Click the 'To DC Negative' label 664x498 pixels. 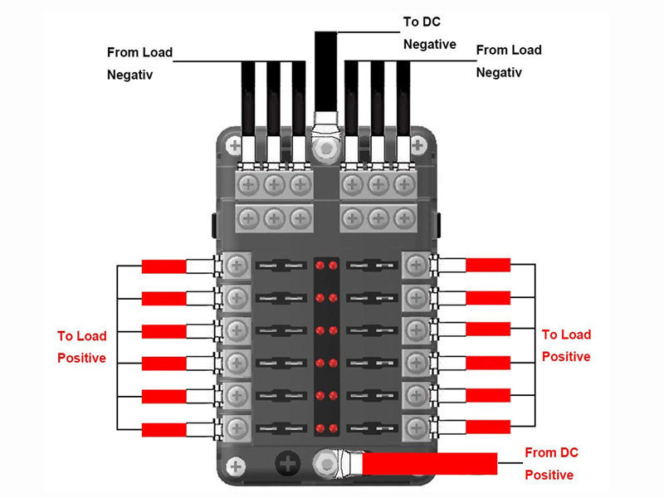(429, 32)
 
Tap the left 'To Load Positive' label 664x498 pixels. (81, 347)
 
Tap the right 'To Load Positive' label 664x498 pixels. (566, 345)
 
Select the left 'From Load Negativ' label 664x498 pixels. (139, 63)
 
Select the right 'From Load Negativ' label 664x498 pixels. (509, 61)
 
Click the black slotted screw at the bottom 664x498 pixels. (289, 462)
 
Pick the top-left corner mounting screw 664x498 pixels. (235, 146)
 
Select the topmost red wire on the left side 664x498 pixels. (164, 266)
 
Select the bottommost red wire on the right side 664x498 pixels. (488, 427)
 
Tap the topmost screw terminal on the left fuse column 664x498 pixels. (237, 266)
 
